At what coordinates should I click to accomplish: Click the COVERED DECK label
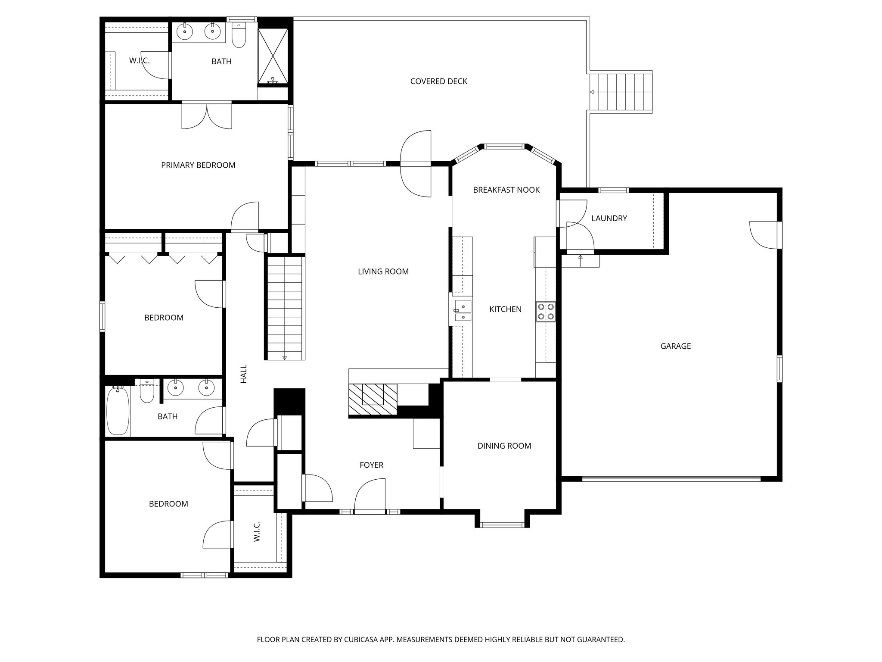438,81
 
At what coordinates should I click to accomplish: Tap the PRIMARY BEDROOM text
198,165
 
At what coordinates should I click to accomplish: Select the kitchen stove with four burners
546,312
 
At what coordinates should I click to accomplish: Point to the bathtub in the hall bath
118,411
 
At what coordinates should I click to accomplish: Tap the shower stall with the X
273,56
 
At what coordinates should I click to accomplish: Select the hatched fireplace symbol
373,399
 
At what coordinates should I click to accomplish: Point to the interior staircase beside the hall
285,308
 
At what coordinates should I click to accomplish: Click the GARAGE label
675,346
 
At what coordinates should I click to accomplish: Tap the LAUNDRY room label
609,219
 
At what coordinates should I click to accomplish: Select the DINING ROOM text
504,446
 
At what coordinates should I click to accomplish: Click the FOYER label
371,465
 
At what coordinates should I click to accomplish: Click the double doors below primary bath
207,116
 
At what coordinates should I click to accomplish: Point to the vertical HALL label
244,374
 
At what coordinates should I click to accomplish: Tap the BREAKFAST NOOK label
506,190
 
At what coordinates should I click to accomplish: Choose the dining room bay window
502,525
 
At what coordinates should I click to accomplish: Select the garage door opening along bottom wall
671,478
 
